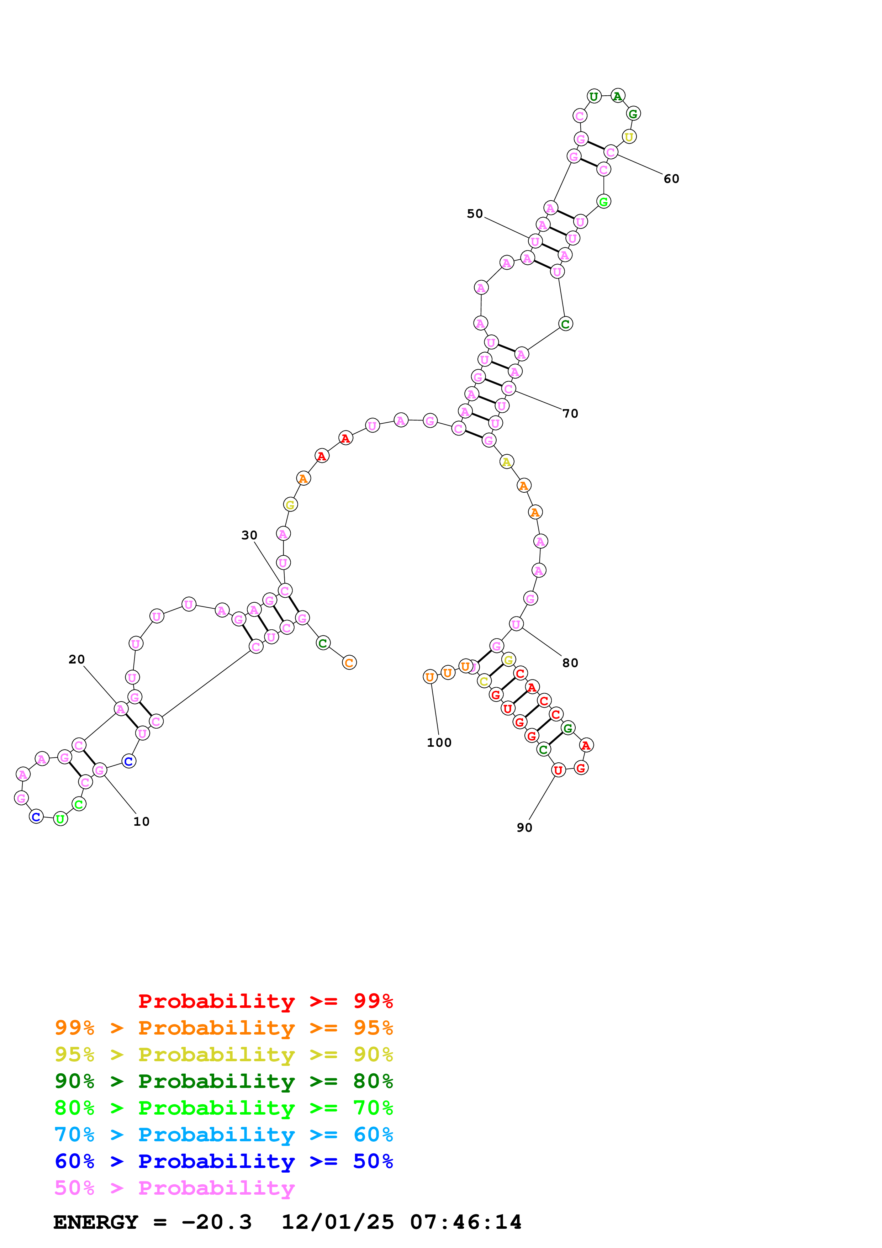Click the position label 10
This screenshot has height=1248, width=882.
[x=141, y=821]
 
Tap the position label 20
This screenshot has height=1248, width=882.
[x=76, y=659]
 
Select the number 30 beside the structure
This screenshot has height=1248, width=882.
[x=249, y=535]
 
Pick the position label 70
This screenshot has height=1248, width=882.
[x=570, y=414]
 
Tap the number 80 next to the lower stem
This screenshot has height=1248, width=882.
[x=570, y=663]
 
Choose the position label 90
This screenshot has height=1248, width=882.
[x=524, y=827]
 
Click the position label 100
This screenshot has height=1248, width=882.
[x=439, y=742]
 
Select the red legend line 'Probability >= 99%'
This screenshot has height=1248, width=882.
[x=266, y=1001]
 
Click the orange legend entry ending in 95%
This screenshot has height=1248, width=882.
[x=224, y=1028]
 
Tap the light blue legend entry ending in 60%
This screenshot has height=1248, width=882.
[x=224, y=1135]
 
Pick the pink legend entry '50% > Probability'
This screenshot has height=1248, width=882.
[x=174, y=1188]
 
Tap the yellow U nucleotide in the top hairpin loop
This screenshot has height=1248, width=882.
[x=629, y=137]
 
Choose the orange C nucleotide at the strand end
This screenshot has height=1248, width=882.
[x=349, y=662]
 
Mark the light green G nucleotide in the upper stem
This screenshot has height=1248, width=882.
[x=603, y=202]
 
